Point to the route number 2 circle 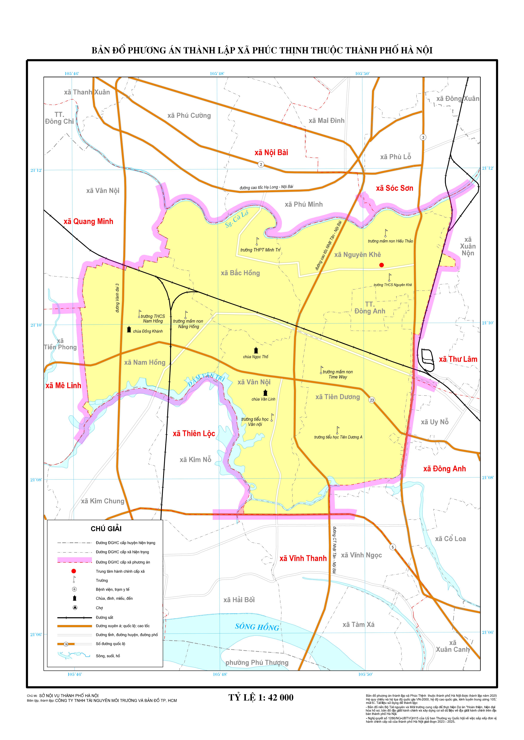click(x=261, y=165)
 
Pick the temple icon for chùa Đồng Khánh click(x=129, y=329)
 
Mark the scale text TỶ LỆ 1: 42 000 click(x=261, y=697)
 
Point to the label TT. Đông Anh click(x=370, y=308)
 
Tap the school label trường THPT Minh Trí click(x=260, y=250)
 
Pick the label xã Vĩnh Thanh click(x=303, y=559)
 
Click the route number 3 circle click(x=423, y=138)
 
